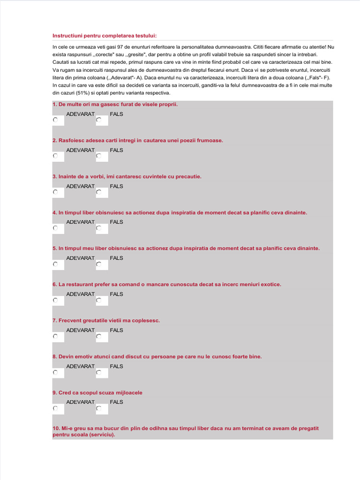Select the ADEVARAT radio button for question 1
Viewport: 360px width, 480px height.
pyautogui.click(x=55, y=120)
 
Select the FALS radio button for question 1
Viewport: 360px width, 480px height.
pyautogui.click(x=99, y=120)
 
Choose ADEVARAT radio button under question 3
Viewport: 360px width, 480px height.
pyautogui.click(x=55, y=192)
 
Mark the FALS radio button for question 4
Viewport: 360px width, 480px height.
pyautogui.click(x=99, y=228)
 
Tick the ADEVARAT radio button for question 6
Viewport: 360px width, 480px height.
pyautogui.click(x=55, y=300)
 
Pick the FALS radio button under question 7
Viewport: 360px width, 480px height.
pyautogui.click(x=99, y=336)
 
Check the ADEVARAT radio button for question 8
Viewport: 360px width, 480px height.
pyautogui.click(x=55, y=372)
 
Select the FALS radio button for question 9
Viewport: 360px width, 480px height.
pyautogui.click(x=99, y=408)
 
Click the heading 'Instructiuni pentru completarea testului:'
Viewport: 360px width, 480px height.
pyautogui.click(x=105, y=36)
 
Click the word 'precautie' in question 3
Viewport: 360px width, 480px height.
pyautogui.click(x=188, y=177)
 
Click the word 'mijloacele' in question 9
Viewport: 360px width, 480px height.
pyautogui.click(x=127, y=393)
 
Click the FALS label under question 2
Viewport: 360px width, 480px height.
pyautogui.click(x=116, y=150)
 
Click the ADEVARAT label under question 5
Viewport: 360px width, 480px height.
pyautogui.click(x=80, y=258)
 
